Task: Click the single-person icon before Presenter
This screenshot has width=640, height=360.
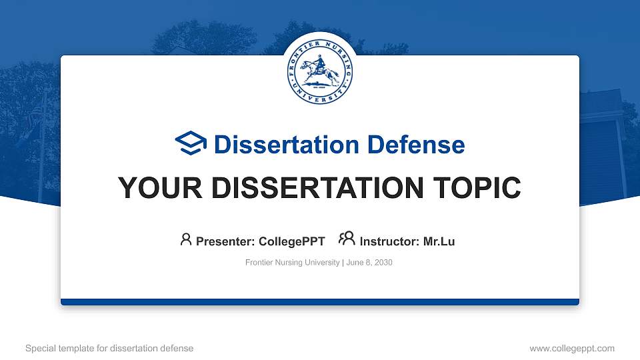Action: (186, 239)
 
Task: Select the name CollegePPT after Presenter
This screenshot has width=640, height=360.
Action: (292, 241)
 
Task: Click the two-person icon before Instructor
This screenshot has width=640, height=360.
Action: (347, 239)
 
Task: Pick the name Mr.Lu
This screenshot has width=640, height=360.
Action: (439, 241)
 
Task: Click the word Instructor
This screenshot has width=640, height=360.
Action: (389, 241)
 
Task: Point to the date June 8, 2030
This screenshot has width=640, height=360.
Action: (369, 263)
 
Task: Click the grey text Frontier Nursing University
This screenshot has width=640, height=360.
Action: (293, 263)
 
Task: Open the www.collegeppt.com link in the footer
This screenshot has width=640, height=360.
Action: (572, 348)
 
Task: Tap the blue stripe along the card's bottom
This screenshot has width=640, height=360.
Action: (320, 302)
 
